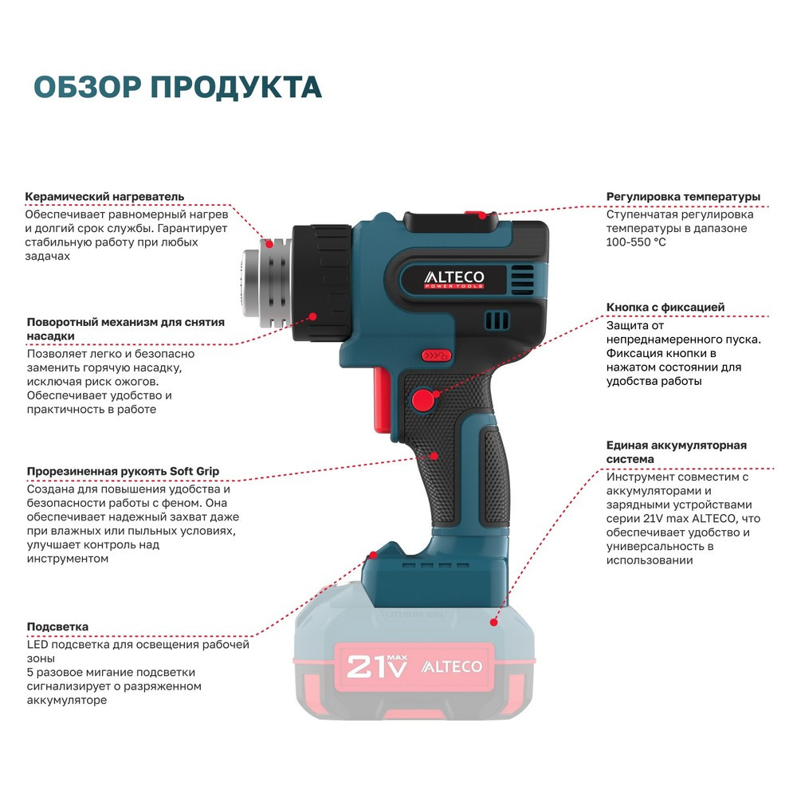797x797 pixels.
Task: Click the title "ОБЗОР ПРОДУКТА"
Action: (178, 87)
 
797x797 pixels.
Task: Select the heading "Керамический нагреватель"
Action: (104, 196)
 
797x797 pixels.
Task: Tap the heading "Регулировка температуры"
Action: (683, 196)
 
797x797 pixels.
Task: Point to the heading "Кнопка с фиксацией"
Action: (665, 307)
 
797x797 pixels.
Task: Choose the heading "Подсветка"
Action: (57, 626)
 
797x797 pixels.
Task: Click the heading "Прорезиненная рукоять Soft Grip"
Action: (123, 471)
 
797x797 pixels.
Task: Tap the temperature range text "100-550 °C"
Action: (636, 242)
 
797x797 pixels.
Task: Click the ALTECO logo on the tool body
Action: (454, 279)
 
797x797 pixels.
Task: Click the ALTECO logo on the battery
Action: (451, 666)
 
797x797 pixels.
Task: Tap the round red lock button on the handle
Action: (423, 400)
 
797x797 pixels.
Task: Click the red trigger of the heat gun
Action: (383, 401)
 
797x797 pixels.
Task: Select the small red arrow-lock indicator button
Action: (436, 355)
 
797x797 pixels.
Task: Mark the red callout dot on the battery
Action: (493, 622)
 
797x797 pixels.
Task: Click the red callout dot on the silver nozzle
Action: (270, 243)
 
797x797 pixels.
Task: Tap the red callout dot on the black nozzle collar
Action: (313, 316)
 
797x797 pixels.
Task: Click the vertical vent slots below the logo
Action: (497, 320)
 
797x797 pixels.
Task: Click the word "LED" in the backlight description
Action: (37, 645)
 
